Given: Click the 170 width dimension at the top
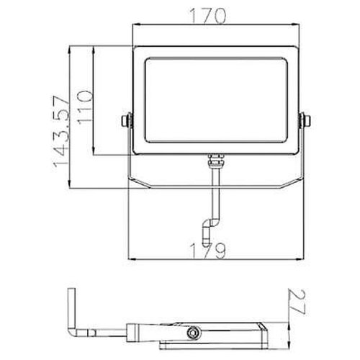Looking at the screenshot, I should (x=215, y=14).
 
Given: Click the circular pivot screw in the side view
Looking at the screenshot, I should (x=193, y=333).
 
